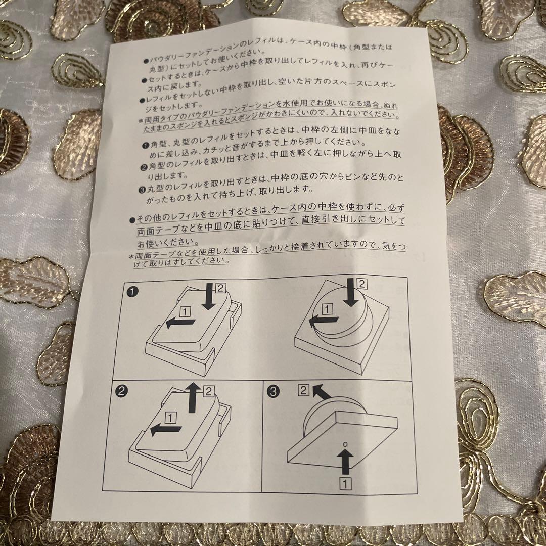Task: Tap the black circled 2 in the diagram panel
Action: pyautogui.click(x=122, y=390)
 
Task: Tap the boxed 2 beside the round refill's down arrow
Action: pyautogui.click(x=361, y=283)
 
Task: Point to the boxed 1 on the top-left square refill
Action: pyautogui.click(x=185, y=311)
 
